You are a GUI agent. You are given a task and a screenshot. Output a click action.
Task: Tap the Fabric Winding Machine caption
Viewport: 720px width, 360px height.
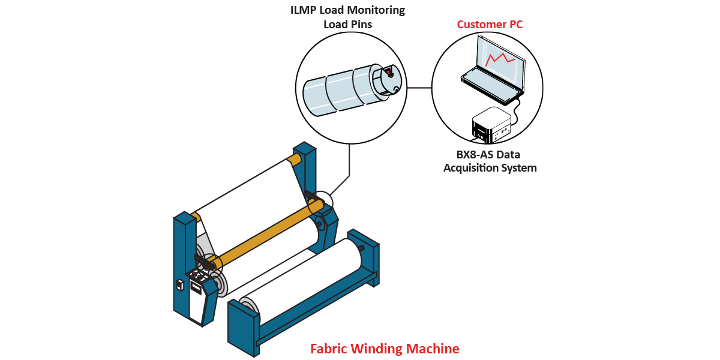tap(385, 349)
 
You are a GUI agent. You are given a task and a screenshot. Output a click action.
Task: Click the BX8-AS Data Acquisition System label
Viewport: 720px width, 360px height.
tap(490, 161)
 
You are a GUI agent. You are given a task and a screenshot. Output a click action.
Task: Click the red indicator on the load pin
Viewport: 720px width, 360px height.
tap(388, 73)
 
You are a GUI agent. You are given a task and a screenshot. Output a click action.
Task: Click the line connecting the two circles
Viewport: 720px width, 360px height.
tap(419, 88)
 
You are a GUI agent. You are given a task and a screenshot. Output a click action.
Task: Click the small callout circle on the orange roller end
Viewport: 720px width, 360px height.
tap(320, 202)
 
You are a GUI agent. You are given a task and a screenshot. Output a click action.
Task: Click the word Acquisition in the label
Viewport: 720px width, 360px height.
tap(469, 168)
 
